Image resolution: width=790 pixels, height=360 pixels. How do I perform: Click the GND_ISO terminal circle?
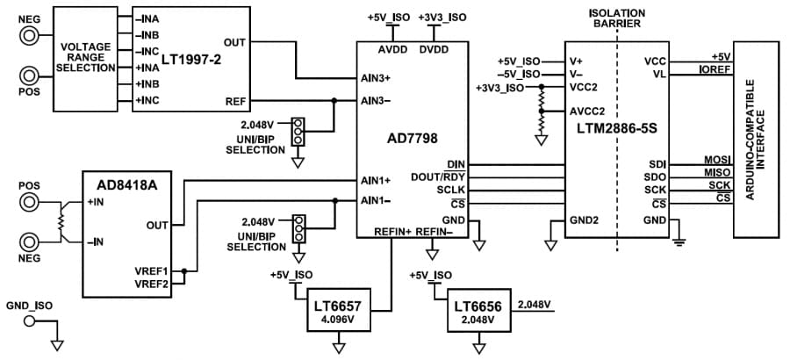(31, 322)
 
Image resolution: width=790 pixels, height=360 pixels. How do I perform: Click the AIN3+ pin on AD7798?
(375, 77)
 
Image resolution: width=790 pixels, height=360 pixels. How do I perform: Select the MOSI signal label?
(717, 160)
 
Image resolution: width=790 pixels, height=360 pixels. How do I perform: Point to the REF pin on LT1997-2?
(235, 101)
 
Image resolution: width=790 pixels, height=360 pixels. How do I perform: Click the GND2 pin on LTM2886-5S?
(584, 220)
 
